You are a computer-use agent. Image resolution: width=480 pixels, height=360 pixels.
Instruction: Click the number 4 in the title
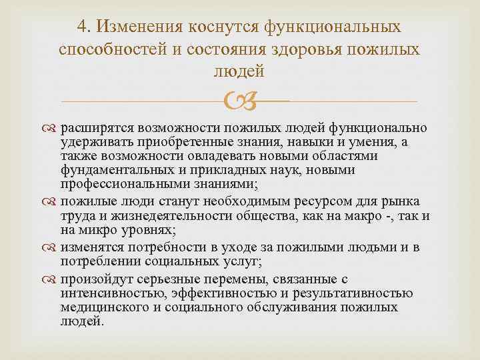[x=81, y=27]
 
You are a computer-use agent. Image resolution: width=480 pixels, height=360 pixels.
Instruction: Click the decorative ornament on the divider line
[x=240, y=101]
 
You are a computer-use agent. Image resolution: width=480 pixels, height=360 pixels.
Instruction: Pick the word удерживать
[x=94, y=142]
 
